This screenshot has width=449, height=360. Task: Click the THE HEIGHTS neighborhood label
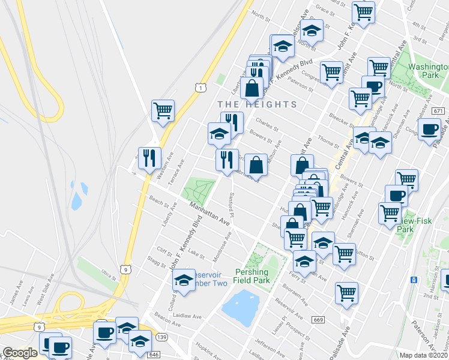tap(257, 104)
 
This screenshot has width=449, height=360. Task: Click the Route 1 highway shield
tap(199, 88)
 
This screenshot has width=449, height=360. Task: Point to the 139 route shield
tap(162, 339)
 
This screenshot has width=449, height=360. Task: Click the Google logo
tap(19, 353)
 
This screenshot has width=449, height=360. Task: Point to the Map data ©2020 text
tap(424, 355)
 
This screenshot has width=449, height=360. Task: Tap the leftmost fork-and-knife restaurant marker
tap(149, 158)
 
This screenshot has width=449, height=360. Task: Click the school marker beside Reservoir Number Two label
tap(184, 280)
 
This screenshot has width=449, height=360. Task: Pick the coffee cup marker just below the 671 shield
tap(430, 130)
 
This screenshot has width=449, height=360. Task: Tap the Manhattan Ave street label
tap(210, 214)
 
